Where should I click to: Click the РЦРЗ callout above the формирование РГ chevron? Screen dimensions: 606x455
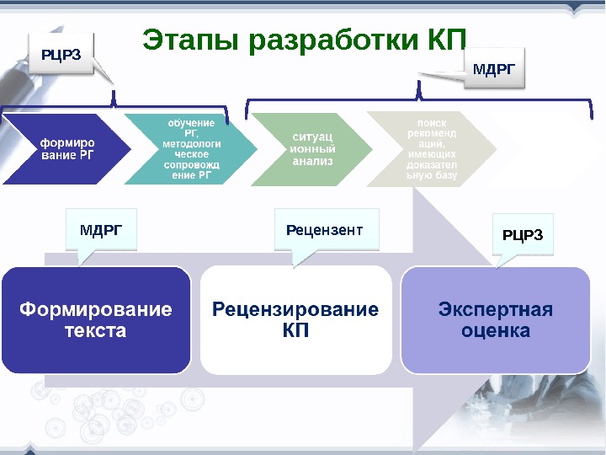click(x=61, y=55)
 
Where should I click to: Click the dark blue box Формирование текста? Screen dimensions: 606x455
click(x=96, y=320)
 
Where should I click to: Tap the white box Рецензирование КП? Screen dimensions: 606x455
click(x=295, y=320)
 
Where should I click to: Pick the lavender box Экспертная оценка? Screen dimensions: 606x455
click(x=495, y=320)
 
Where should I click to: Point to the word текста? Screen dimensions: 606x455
click(x=96, y=331)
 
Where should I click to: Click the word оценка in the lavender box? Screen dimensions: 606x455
click(x=495, y=331)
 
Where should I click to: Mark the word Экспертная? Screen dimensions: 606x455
click(x=495, y=309)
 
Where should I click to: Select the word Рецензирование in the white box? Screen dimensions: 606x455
click(x=295, y=309)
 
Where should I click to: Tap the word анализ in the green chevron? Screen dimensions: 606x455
click(x=312, y=160)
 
